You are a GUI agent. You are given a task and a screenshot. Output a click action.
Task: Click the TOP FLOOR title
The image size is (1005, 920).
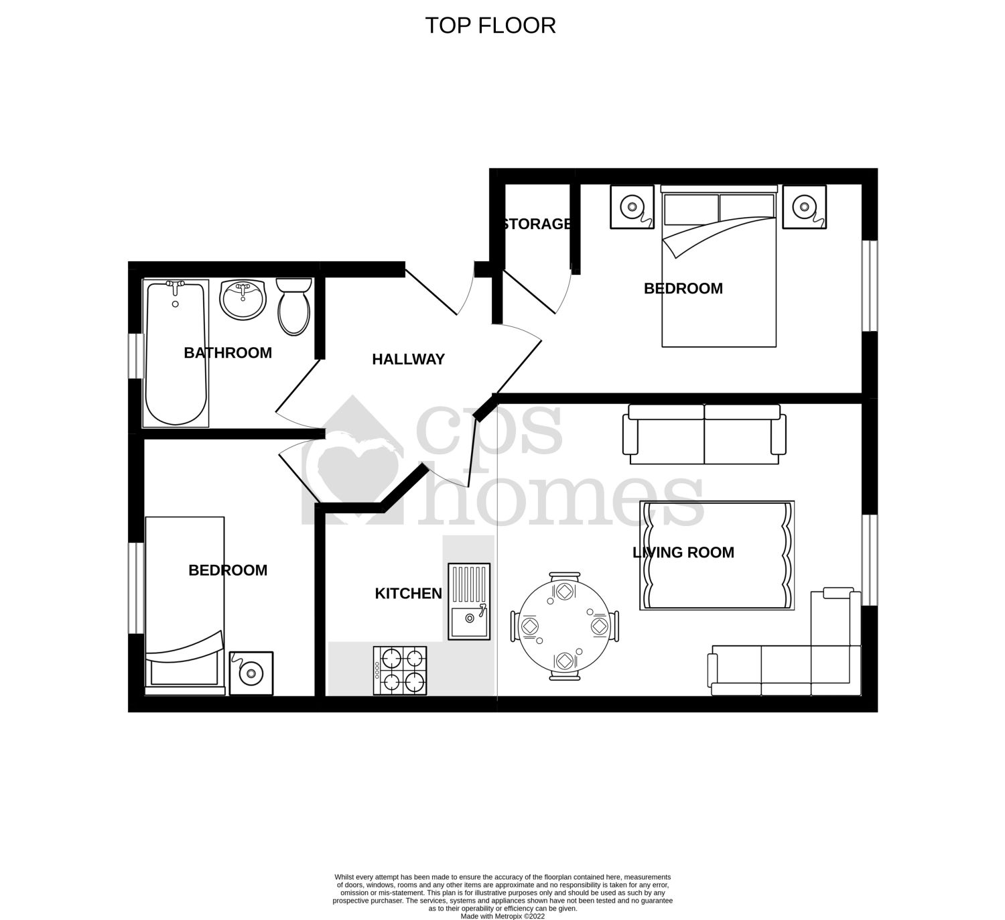tap(490, 25)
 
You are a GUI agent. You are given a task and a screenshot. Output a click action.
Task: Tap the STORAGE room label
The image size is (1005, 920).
tap(537, 224)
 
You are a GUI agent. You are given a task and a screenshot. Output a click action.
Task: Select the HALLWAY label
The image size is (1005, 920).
tap(408, 359)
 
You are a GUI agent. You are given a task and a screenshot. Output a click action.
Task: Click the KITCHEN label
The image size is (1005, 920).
tap(408, 594)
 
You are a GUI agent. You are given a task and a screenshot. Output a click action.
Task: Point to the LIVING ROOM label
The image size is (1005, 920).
tap(683, 552)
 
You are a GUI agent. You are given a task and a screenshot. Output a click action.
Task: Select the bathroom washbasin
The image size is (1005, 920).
tap(243, 300)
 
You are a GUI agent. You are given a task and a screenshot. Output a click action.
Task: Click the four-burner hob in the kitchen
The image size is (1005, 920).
tap(401, 671)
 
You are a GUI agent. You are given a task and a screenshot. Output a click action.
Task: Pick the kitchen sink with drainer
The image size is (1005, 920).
tap(469, 601)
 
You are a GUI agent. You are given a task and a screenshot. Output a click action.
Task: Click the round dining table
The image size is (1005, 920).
tap(565, 626)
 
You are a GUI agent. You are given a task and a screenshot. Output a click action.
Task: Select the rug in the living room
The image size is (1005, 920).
tap(717, 555)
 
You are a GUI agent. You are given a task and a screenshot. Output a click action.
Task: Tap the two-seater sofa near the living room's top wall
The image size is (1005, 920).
tap(704, 434)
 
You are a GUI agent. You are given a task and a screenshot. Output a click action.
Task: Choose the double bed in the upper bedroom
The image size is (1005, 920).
tap(719, 268)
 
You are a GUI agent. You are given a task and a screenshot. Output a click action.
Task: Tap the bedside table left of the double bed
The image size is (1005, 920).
tap(632, 207)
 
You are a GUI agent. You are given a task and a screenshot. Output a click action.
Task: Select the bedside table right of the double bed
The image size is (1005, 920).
tap(805, 207)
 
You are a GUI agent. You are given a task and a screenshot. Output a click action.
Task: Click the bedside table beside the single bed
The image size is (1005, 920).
tap(251, 673)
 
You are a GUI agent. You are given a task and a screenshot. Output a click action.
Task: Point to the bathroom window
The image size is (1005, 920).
tap(136, 356)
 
